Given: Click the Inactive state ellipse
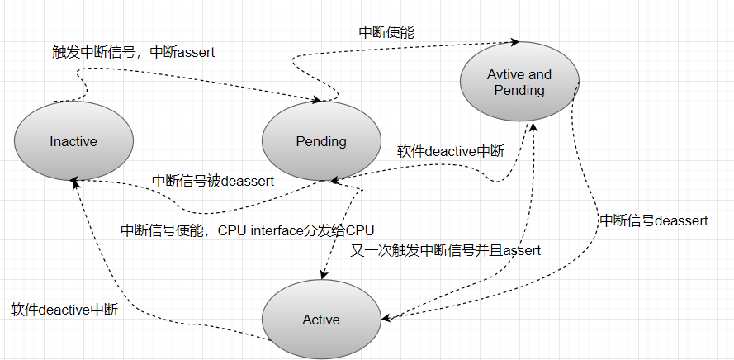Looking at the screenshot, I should [73, 141].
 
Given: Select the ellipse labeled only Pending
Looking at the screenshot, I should [321, 141].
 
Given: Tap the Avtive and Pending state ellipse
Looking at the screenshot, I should [519, 82].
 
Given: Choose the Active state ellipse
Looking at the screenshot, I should [321, 320].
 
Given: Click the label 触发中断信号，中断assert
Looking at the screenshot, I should [133, 53].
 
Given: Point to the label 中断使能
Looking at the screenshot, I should [386, 33].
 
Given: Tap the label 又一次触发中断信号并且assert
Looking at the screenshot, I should [446, 250].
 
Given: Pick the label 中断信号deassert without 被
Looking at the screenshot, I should [653, 220].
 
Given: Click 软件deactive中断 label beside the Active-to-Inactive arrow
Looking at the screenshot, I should [64, 310].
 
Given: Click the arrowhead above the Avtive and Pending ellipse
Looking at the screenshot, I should [515, 40].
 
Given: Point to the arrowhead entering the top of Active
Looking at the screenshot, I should [322, 277].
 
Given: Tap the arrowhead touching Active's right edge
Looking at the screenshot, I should [386, 317].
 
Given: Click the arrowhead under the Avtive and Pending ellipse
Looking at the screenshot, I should [533, 126].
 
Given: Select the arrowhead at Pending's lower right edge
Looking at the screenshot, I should [333, 179].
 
